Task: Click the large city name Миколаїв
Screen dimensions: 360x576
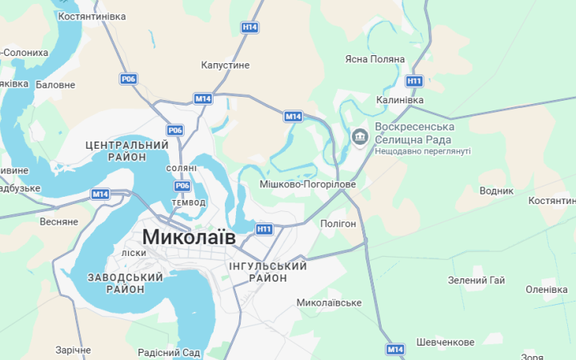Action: [189, 237]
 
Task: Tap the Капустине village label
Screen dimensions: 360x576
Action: [226, 65]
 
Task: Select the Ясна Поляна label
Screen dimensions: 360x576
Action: [375, 60]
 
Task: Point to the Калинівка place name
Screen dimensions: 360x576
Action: [399, 100]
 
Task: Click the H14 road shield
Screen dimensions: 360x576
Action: [250, 27]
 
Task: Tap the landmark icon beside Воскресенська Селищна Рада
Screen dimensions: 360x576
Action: [359, 137]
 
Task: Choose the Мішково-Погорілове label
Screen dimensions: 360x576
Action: [307, 184]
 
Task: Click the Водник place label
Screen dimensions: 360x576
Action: [496, 191]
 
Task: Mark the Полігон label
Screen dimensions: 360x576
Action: [338, 224]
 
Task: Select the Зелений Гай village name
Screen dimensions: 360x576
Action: [476, 281]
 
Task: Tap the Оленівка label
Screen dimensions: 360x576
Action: [546, 290]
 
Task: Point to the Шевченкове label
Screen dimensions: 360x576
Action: [445, 342]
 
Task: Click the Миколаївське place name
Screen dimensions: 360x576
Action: [329, 303]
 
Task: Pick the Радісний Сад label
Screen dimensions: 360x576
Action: [169, 353]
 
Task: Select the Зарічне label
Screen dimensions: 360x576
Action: [73, 350]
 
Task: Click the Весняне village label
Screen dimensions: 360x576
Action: [58, 222]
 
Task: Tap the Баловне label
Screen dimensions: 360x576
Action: [56, 85]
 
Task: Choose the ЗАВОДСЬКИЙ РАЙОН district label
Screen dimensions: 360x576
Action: [126, 283]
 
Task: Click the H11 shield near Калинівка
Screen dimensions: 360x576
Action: [414, 81]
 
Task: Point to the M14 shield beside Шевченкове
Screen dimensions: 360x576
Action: [395, 350]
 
